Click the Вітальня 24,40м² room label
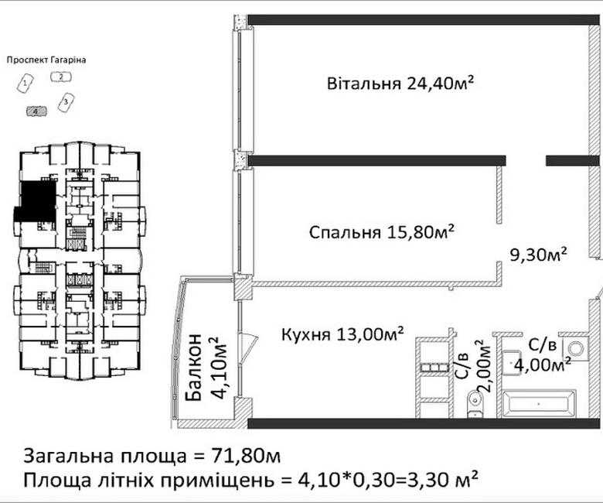[x=400, y=83]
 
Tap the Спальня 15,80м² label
[x=382, y=232]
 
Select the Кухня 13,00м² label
[x=342, y=334]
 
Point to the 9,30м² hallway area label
[x=538, y=255]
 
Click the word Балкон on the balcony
[x=193, y=368]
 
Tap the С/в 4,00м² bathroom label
[x=542, y=355]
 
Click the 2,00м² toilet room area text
[x=487, y=365]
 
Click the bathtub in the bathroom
[x=538, y=404]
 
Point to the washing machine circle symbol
[x=576, y=349]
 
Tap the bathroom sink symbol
[x=512, y=362]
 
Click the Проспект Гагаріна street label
[x=46, y=60]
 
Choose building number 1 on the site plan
[x=26, y=83]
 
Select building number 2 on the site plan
[x=61, y=77]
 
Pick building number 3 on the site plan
[x=66, y=102]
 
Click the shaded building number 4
[x=36, y=111]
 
